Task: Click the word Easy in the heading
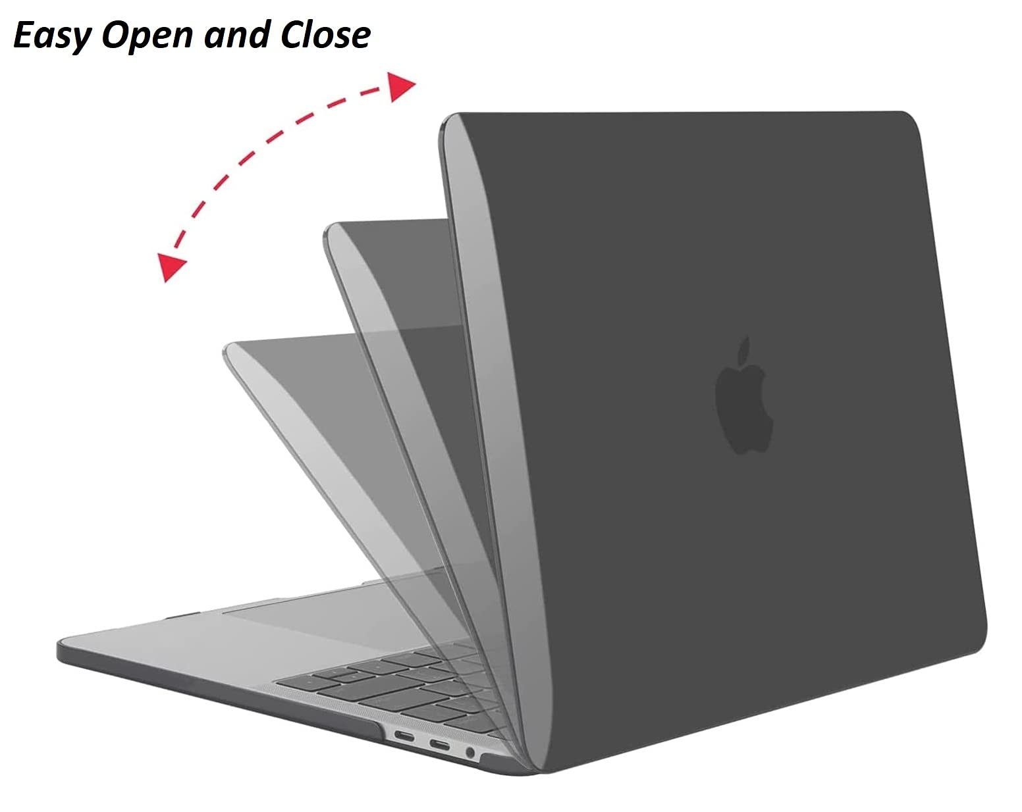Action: point(51,36)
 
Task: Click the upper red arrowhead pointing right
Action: point(401,87)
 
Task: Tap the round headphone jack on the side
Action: point(470,752)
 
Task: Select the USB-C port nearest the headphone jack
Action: point(439,745)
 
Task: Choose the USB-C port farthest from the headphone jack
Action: point(404,735)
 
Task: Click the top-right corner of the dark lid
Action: point(909,118)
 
